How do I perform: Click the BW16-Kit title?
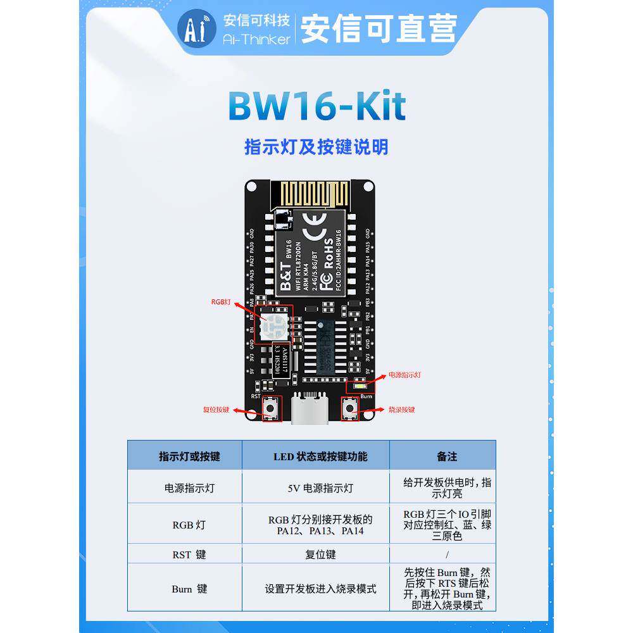tap(316, 106)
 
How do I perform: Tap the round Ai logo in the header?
tap(197, 28)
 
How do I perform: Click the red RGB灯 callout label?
tap(222, 303)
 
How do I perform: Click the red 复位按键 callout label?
tap(216, 410)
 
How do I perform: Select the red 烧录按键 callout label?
tap(401, 410)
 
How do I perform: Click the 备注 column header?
tap(446, 456)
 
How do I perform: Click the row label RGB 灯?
tap(189, 525)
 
